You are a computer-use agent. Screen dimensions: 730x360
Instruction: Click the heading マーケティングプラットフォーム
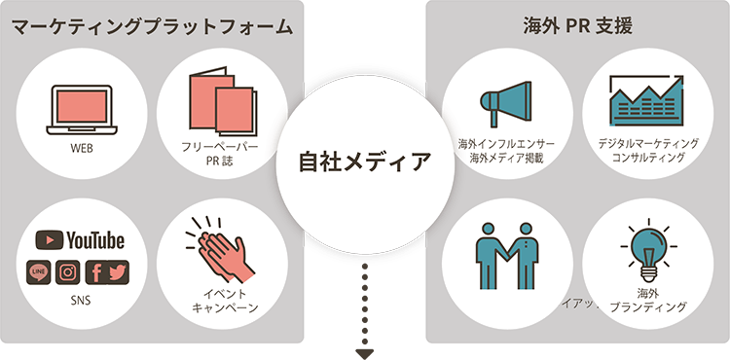(152, 26)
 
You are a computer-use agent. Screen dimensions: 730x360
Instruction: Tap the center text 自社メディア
(365, 161)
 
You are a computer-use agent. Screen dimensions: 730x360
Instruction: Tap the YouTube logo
(81, 239)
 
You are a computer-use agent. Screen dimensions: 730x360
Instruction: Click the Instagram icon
(67, 271)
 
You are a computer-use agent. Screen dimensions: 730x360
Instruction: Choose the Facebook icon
(97, 271)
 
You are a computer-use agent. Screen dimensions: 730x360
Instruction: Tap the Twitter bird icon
(117, 271)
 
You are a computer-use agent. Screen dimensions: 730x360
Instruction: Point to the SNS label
(81, 301)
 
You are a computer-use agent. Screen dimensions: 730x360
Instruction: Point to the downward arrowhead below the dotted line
(365, 353)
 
